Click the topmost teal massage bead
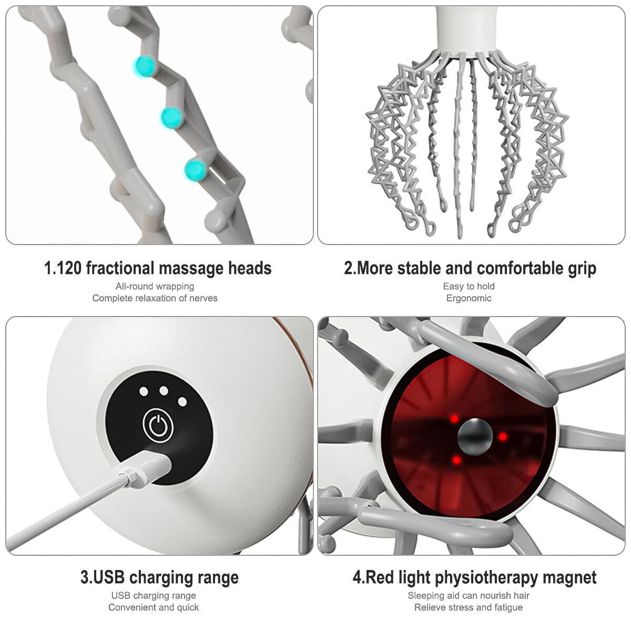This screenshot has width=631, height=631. point(145,67)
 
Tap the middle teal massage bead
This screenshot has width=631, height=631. point(171,117)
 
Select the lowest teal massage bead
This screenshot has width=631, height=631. point(195,170)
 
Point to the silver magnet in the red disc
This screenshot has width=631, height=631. point(475,436)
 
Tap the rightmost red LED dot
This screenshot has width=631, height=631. point(503,436)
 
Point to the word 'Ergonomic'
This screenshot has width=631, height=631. point(469,298)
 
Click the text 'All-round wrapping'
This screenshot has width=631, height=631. point(155,287)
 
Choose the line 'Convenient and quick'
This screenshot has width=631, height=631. point(154,607)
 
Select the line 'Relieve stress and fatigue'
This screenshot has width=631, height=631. point(469,607)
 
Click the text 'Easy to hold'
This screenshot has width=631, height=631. point(469,287)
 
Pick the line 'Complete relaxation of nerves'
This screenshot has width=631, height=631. point(155,298)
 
